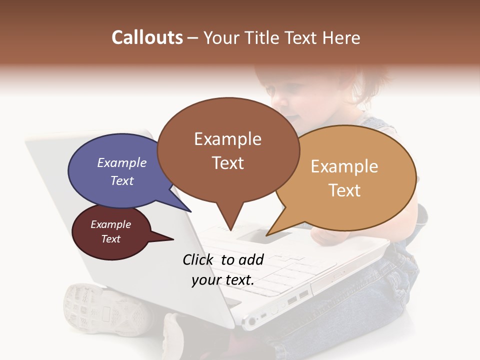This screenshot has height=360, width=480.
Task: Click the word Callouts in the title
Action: click(x=147, y=37)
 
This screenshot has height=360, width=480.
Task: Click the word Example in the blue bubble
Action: click(x=122, y=163)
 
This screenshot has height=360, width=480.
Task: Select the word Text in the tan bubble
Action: click(x=345, y=190)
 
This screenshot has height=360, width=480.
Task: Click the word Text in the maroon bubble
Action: click(x=111, y=239)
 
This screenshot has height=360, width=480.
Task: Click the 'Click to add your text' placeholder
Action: click(x=223, y=269)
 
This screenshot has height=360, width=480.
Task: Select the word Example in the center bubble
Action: click(x=227, y=139)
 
